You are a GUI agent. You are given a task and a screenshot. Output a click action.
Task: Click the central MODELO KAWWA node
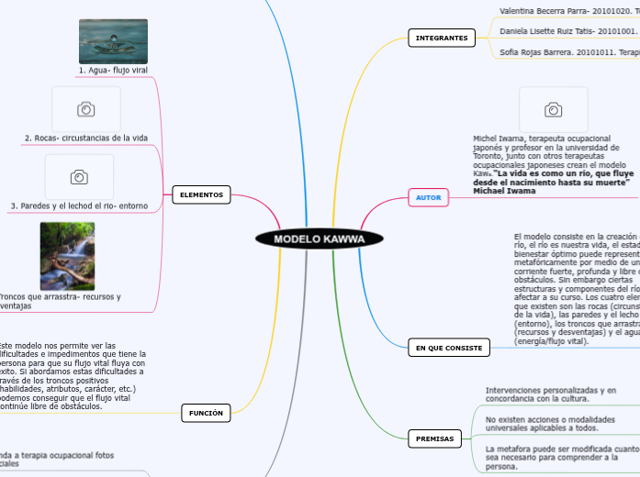tap(319, 238)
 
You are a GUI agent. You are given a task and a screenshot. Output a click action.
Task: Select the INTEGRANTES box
tap(442, 39)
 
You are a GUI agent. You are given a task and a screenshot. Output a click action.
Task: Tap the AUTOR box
tap(428, 197)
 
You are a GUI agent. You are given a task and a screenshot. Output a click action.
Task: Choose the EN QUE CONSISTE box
tap(448, 348)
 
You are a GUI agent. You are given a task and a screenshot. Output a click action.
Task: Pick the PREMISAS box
tap(434, 438)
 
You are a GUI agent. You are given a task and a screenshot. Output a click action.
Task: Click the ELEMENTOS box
tap(201, 194)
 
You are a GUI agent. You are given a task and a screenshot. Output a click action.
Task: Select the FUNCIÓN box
tap(206, 414)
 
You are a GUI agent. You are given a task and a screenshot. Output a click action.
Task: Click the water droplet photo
tap(113, 41)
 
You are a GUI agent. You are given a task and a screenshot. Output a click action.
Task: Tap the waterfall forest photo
tap(67, 256)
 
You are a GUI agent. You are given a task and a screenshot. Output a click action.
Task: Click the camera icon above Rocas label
tap(86, 109)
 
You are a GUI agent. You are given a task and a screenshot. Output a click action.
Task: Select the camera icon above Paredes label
tap(79, 177)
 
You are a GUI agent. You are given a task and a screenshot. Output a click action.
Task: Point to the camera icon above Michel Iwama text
tap(554, 110)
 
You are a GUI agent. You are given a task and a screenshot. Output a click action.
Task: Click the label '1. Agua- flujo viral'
tap(113, 70)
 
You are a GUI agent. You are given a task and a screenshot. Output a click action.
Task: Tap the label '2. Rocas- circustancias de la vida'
tap(86, 138)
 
